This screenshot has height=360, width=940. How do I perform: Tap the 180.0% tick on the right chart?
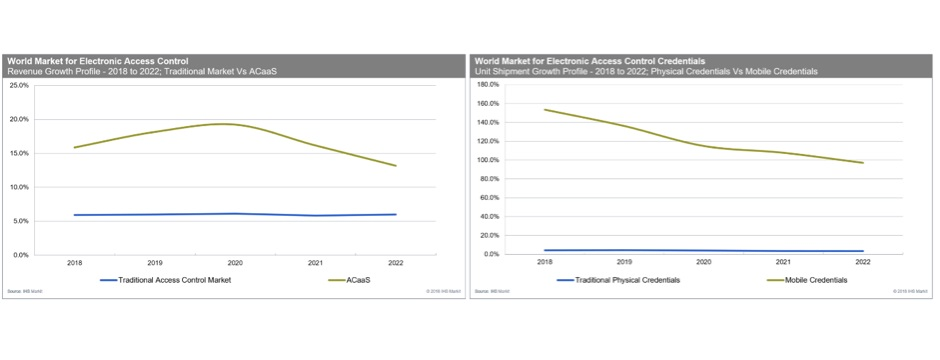(486, 85)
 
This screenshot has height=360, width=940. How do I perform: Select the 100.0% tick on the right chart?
(486, 160)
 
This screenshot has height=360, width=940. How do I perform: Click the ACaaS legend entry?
(356, 280)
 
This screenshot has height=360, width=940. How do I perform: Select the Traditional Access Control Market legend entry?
(175, 280)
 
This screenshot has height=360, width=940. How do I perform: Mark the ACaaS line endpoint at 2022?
(396, 166)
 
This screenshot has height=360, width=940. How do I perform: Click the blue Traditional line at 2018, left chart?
(74, 215)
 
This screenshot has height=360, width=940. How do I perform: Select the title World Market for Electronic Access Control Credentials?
(590, 60)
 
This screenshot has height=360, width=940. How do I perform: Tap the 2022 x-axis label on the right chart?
(862, 262)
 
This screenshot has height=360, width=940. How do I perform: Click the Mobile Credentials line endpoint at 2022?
(862, 163)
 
